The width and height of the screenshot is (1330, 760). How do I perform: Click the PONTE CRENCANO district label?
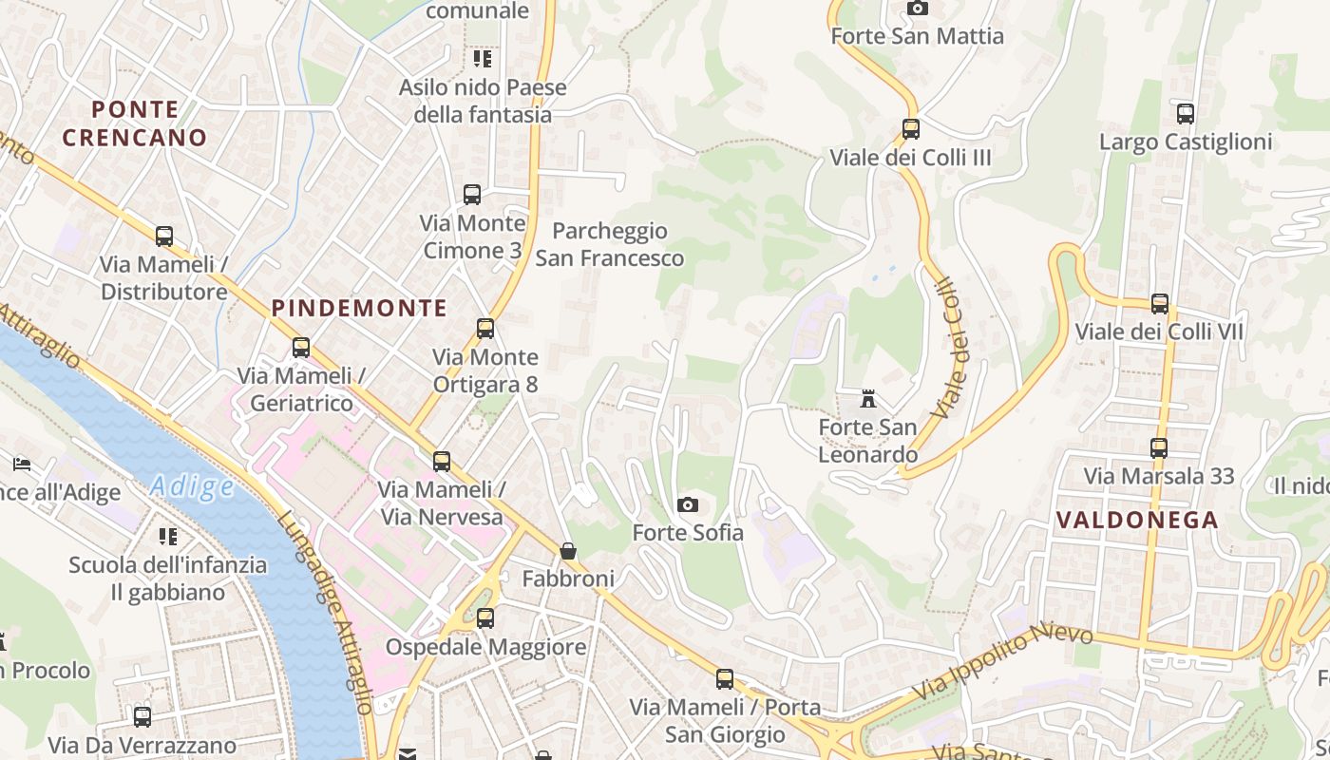click(134, 123)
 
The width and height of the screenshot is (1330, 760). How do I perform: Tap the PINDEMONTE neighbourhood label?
click(359, 308)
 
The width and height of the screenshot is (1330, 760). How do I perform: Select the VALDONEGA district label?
click(1137, 520)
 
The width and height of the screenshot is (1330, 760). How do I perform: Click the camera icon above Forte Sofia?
click(688, 504)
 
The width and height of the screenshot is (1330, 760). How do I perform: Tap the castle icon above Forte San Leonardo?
click(867, 398)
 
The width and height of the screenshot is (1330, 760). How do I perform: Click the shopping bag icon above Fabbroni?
click(568, 550)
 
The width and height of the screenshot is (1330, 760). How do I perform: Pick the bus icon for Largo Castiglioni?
click(1185, 114)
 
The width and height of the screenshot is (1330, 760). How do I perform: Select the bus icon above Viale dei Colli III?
click(910, 128)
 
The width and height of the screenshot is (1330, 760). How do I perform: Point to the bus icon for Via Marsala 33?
click(1158, 447)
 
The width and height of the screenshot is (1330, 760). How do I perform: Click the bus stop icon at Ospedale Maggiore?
click(485, 618)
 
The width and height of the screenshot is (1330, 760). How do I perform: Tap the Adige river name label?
click(192, 487)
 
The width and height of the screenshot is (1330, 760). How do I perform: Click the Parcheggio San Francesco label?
click(609, 244)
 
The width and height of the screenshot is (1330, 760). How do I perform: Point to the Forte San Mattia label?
click(917, 36)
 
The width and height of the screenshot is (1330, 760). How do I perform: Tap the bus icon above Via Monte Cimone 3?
click(472, 195)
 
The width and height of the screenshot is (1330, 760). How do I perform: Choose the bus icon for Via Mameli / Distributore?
click(164, 236)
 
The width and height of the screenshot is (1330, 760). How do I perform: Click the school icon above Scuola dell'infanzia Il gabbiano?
click(167, 537)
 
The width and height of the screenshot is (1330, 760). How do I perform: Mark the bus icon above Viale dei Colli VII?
click(1159, 304)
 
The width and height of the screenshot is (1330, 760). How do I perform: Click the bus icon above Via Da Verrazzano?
click(142, 716)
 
